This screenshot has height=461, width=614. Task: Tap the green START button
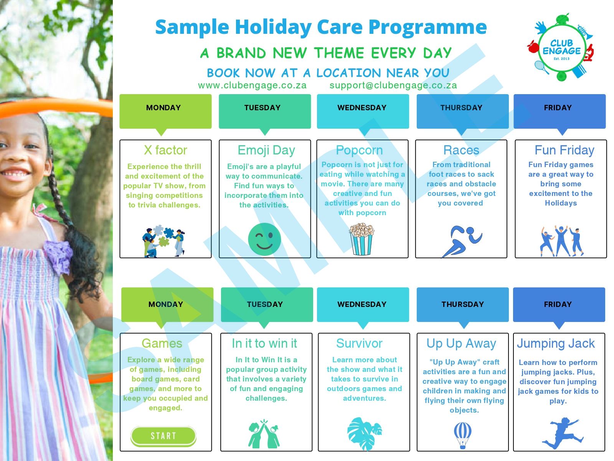click(163, 436)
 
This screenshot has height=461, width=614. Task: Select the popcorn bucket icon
click(361, 239)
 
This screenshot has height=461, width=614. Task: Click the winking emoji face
click(264, 239)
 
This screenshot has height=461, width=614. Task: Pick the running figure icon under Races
click(462, 241)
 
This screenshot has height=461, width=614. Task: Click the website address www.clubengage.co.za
click(252, 85)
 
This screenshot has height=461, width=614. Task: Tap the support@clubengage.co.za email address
click(393, 85)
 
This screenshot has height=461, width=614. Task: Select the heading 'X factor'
click(165, 150)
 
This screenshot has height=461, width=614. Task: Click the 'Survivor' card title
click(359, 343)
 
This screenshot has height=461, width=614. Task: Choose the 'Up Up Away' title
click(461, 344)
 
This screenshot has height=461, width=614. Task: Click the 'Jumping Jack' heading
click(556, 344)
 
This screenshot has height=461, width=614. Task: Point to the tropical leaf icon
click(365, 434)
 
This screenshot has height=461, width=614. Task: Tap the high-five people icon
click(264, 434)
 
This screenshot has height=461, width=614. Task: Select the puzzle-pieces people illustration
click(163, 241)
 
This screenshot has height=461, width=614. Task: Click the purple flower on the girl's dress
click(58, 256)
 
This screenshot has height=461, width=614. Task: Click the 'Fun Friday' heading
click(564, 150)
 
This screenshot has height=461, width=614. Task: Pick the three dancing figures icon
click(561, 241)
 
